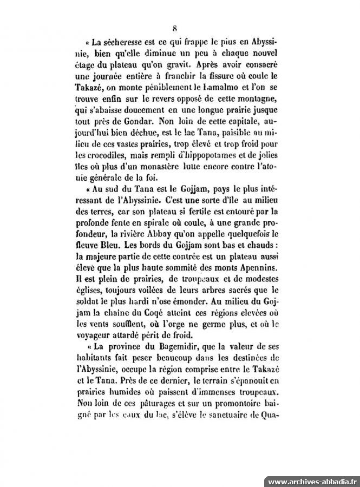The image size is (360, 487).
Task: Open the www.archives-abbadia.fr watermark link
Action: point(313,481)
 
